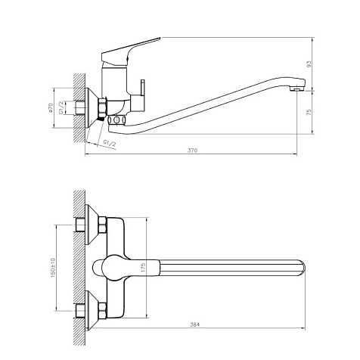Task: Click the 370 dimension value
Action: click(x=192, y=151)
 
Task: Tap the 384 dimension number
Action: click(x=194, y=324)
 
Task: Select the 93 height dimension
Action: click(x=309, y=64)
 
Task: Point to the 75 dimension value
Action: click(x=309, y=113)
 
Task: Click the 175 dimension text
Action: click(x=144, y=268)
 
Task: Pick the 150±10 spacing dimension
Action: click(x=53, y=268)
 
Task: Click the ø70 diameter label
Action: click(x=51, y=107)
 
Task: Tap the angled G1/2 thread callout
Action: click(x=110, y=143)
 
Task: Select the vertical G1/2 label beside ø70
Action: click(x=61, y=107)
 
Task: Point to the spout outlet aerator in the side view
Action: click(x=297, y=88)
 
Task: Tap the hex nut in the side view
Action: click(x=102, y=108)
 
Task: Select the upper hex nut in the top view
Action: click(x=102, y=225)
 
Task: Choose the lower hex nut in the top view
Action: click(x=102, y=310)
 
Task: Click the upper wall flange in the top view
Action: click(x=92, y=225)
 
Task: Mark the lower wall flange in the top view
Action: click(x=92, y=310)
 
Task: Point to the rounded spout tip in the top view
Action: click(x=303, y=268)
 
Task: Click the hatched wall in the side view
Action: click(x=79, y=108)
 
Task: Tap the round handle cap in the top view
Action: click(x=114, y=268)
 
